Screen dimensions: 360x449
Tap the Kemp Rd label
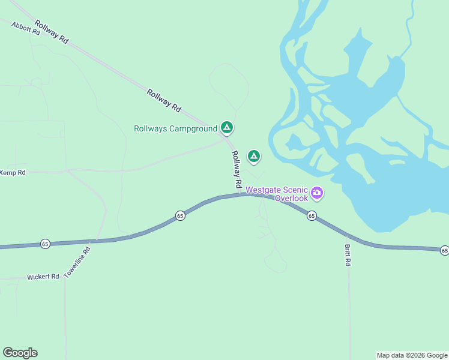13,173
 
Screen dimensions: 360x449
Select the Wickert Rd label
43,277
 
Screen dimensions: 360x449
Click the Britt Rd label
347,255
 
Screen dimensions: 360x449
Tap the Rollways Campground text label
175,128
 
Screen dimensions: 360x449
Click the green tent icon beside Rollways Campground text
227,127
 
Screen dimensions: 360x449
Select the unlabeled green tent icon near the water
254,157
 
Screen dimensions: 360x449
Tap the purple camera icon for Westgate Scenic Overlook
317,193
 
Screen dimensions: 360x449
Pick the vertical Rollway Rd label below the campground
237,169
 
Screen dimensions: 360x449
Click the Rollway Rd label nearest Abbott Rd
51,31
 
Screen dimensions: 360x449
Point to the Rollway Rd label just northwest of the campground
164,100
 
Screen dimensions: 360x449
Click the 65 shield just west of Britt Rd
311,215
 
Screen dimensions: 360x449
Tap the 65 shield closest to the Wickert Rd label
45,243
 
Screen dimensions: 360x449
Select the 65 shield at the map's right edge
444,250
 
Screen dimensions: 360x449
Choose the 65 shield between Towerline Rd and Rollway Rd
180,215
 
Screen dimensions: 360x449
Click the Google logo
20,353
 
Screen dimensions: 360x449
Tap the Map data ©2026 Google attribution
412,355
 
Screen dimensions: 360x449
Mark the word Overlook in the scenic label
292,198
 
